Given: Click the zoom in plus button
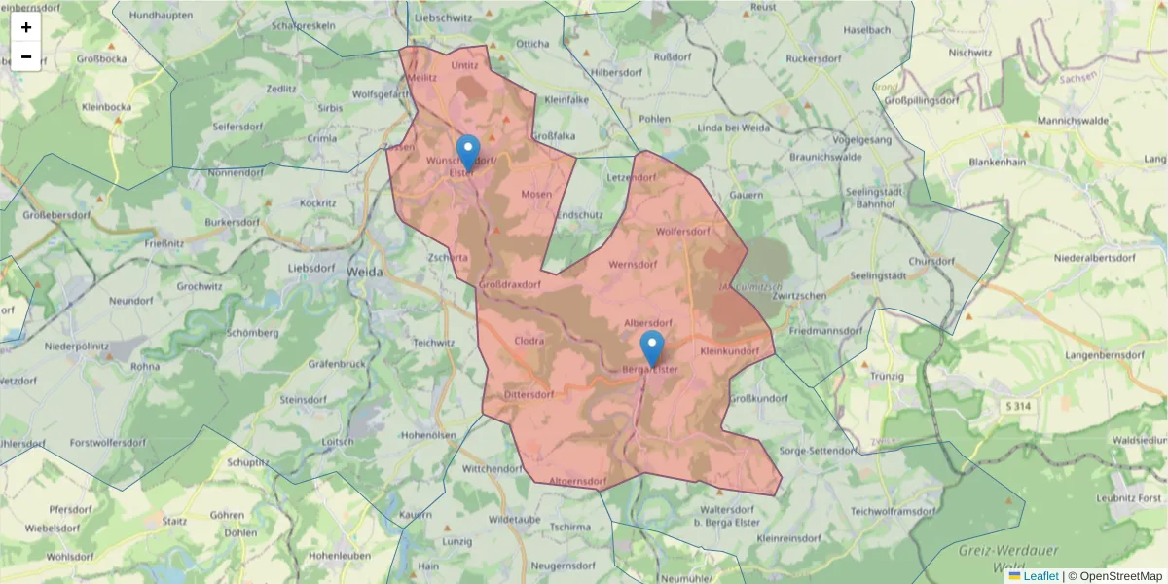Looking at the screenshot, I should point(26,27).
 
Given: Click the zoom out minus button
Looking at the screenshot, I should point(26,56).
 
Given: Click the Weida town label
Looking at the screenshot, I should point(365,272).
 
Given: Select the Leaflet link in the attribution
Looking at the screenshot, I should point(1040,576).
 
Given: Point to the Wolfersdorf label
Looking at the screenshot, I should point(684,232).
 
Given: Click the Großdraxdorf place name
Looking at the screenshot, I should point(509,283).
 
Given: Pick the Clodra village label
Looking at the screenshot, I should point(529,341).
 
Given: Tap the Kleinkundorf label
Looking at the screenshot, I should point(729,350).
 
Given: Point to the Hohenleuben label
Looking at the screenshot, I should point(335,555).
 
